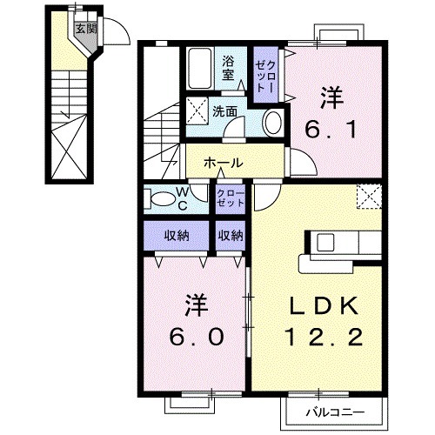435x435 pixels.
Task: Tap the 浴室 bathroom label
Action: (x=229, y=68)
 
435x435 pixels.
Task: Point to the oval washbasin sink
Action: (x=271, y=122)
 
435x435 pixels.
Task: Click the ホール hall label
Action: (x=223, y=163)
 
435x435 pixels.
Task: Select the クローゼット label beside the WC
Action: (x=230, y=197)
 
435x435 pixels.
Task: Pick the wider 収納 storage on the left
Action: (x=177, y=235)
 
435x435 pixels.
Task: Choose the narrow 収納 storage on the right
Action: (x=231, y=235)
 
